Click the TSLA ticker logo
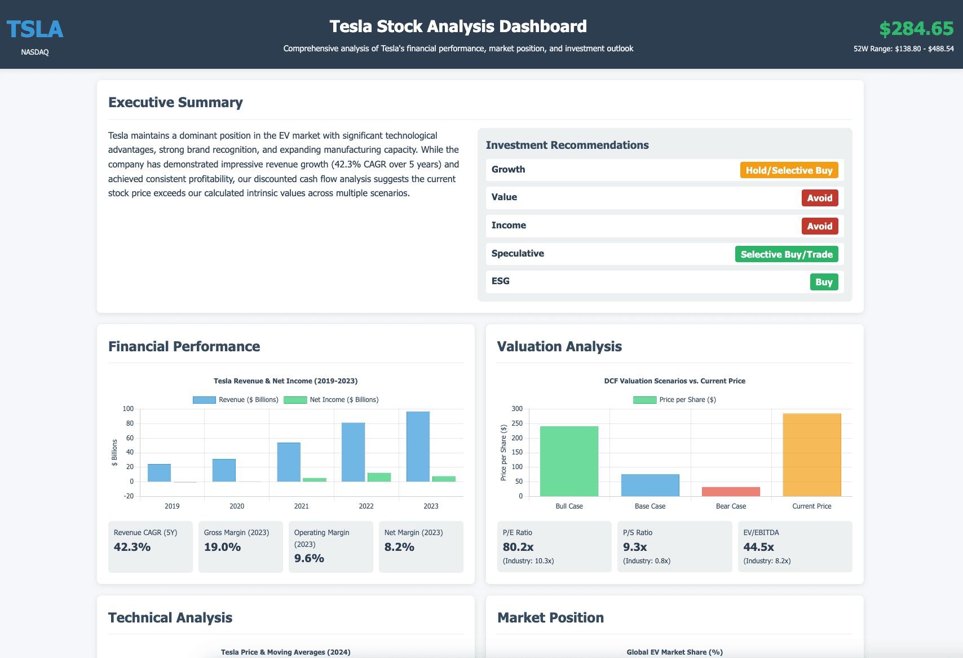click(35, 29)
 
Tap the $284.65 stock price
click(916, 28)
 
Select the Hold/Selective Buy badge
click(789, 170)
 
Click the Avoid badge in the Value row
click(819, 198)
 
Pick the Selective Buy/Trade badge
click(787, 254)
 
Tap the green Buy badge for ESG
click(824, 282)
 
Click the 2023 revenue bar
click(418, 447)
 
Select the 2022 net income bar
click(379, 477)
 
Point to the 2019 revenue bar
click(159, 472)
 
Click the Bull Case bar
click(569, 461)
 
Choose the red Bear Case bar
click(731, 492)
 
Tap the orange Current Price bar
click(812, 454)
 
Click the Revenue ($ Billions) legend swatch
click(204, 400)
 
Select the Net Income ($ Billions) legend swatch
click(295, 400)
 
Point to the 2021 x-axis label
click(302, 506)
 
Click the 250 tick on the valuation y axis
click(517, 423)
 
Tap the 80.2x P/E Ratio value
click(518, 547)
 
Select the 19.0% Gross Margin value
click(222, 547)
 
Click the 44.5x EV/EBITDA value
click(758, 547)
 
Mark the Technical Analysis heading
click(170, 617)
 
